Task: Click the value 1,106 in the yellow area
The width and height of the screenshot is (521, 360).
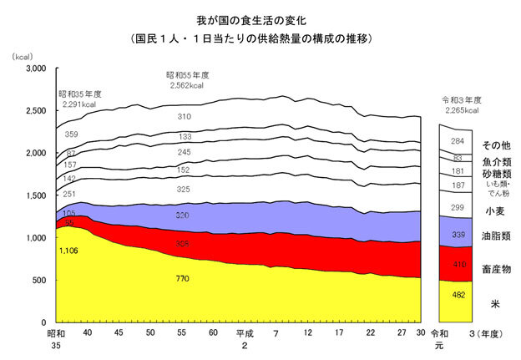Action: (69, 250)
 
